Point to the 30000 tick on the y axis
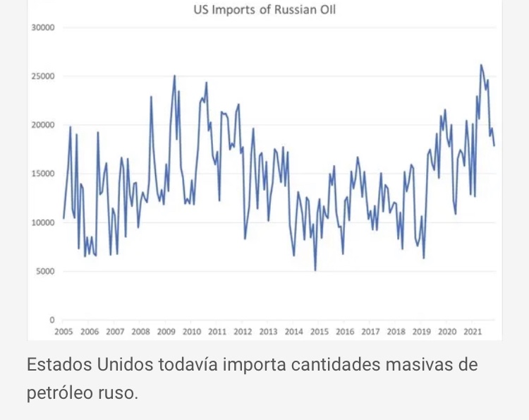tap(44, 28)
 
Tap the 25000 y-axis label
tap(44, 76)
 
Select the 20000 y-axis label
tap(44, 125)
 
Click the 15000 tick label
tap(44, 174)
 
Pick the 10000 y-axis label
tap(44, 222)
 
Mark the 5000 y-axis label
tap(46, 271)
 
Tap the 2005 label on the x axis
tap(63, 332)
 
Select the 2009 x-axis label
tap(166, 332)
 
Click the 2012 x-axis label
tap(243, 332)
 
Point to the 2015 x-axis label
tap(319, 332)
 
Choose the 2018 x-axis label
tap(396, 332)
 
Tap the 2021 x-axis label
tap(472, 332)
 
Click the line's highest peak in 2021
tap(481, 65)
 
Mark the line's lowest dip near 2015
tap(315, 270)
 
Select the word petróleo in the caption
tap(57, 392)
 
